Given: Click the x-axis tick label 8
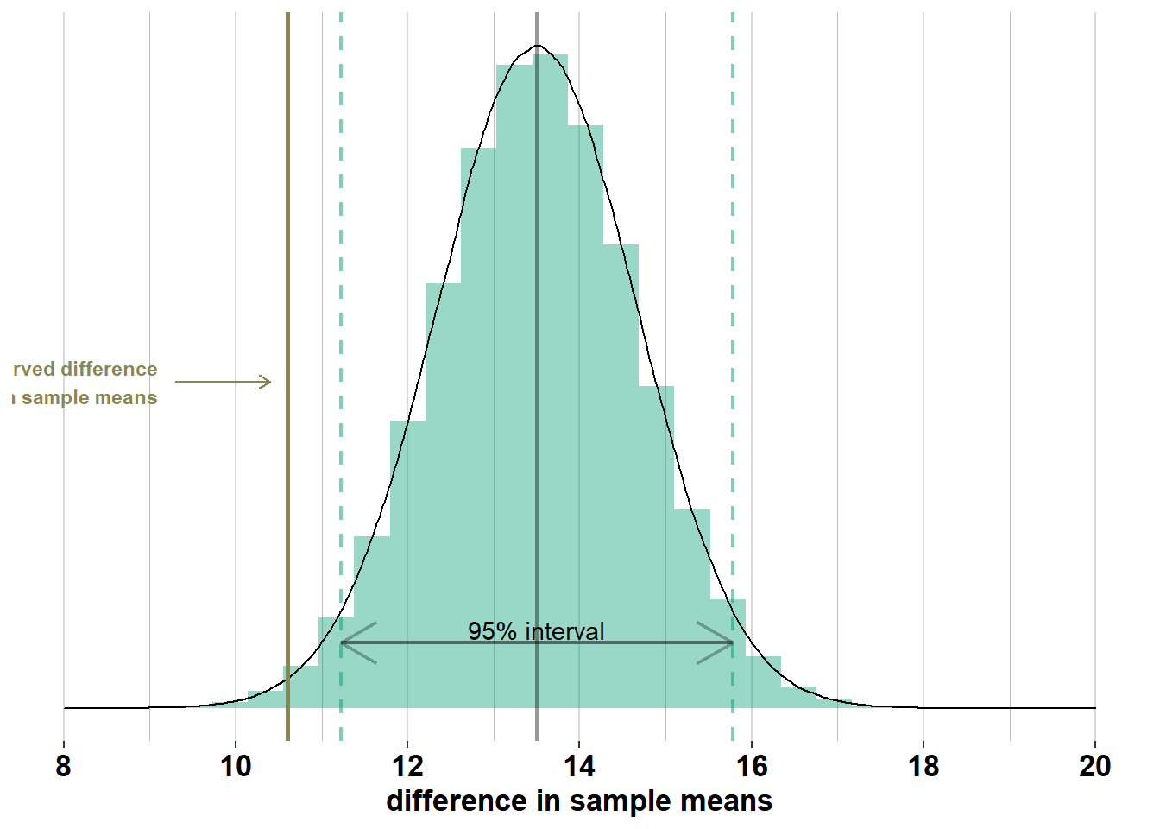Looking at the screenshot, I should coord(63,766).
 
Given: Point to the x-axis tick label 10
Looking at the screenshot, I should coord(236,766).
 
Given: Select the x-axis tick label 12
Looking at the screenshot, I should coord(407,766).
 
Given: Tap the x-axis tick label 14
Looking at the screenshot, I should coord(579,766).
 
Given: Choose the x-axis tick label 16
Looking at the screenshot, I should coord(752,766).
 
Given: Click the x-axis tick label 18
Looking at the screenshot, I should coord(924,766).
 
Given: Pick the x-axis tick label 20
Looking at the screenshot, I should coord(1095,766).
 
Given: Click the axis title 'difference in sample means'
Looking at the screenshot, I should coord(579,801).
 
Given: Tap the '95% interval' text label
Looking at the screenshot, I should coord(536,631).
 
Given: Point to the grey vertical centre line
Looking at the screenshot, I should coord(537,345).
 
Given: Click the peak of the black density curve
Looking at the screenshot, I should coord(538,46).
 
